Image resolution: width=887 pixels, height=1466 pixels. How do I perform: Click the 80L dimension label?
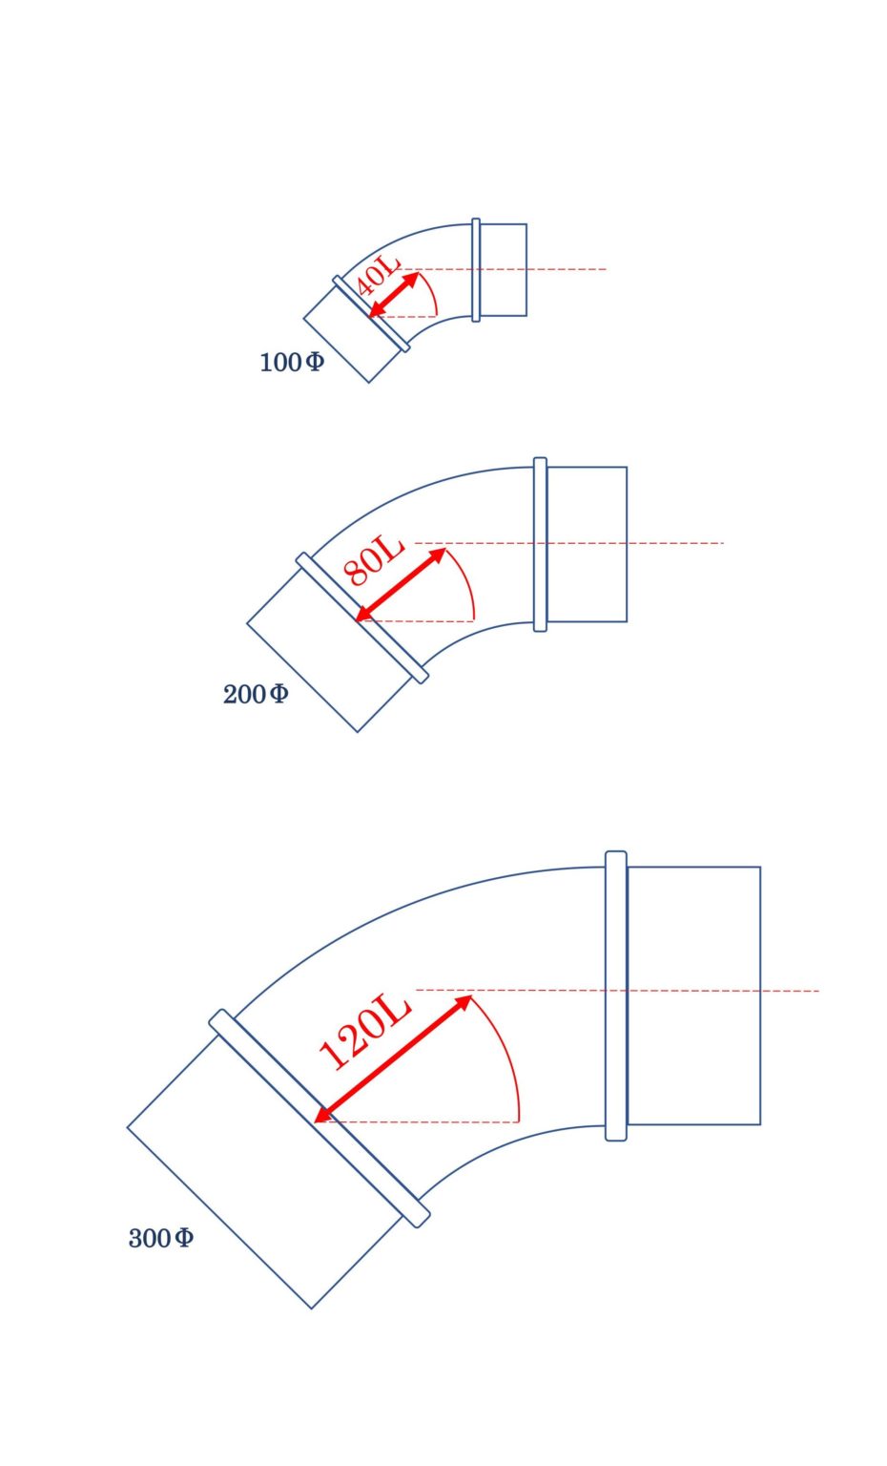(373, 560)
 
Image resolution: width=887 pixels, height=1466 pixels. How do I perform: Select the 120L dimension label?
(364, 1032)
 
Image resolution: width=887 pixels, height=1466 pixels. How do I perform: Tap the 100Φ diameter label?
(292, 362)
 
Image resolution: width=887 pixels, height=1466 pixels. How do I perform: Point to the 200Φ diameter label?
(255, 694)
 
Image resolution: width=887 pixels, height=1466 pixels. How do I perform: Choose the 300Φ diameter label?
(161, 1238)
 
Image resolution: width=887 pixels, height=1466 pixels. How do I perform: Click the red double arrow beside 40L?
(394, 295)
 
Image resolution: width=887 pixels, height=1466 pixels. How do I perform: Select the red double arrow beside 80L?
(401, 584)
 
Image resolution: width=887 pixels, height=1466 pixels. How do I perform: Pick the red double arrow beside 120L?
(393, 1058)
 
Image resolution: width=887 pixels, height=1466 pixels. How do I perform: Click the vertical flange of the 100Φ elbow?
(476, 270)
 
